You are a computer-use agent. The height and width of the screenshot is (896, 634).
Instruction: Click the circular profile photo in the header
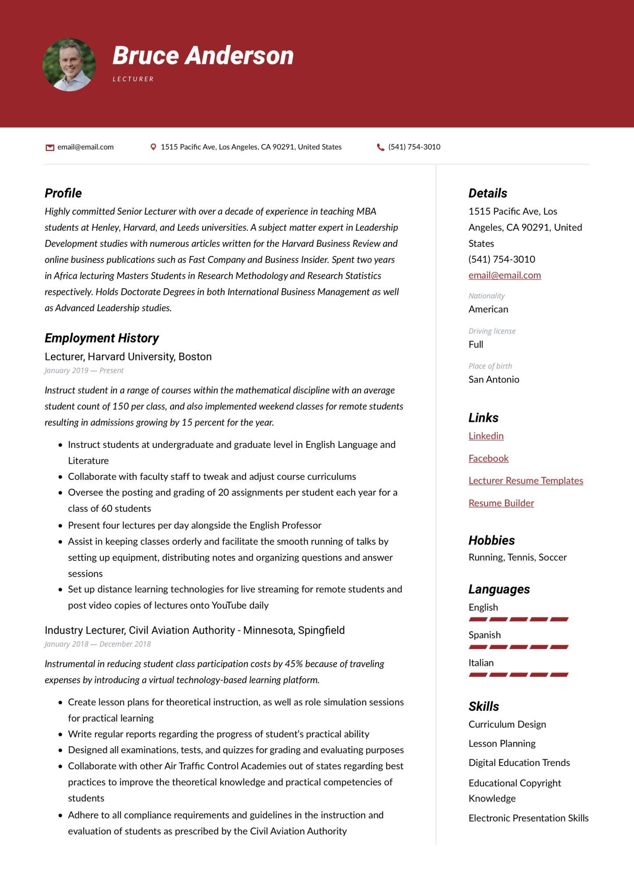coord(69,65)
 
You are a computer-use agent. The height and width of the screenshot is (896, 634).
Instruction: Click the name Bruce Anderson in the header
coord(203,56)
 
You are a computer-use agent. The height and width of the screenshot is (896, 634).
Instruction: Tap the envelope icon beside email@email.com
coord(50,147)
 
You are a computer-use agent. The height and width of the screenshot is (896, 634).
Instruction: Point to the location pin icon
coord(153,147)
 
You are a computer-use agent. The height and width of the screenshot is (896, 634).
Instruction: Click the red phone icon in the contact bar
coord(380,147)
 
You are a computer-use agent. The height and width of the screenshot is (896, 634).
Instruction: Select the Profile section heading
coord(63,193)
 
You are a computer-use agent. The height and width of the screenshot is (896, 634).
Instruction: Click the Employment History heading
coord(102,338)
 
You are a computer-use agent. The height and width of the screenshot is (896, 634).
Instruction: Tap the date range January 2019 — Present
coord(84,371)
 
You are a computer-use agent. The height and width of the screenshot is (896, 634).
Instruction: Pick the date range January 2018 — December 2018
coord(98,644)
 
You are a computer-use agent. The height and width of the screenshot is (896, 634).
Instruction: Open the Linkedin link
coord(486,436)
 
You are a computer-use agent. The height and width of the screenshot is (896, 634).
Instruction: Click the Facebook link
coord(489,458)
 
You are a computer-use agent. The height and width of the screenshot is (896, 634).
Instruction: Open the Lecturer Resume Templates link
coord(526,480)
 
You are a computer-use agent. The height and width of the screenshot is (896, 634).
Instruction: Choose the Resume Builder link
coord(501,503)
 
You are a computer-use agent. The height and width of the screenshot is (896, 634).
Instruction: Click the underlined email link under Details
coord(505,275)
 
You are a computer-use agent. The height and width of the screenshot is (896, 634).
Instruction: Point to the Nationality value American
coord(489,309)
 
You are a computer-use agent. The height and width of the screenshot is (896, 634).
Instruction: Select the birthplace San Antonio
coord(494,379)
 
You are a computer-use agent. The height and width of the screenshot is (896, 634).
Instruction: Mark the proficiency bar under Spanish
coord(518,647)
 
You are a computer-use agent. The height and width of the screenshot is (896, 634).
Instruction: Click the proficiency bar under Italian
coord(518,675)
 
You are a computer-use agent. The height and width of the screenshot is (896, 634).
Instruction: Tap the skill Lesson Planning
coord(502,743)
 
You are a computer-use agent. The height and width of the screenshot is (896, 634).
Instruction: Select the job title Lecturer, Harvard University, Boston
coord(128,357)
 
